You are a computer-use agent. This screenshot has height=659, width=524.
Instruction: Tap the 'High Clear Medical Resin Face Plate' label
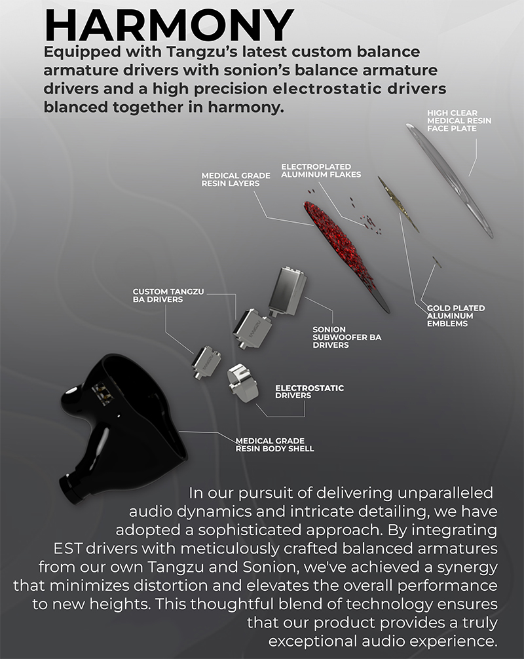[459, 121]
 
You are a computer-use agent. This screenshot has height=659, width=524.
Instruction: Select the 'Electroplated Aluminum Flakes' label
[321, 170]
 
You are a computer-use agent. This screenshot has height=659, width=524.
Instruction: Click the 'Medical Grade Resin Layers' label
[236, 179]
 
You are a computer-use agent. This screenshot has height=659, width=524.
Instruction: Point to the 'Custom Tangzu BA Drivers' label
[168, 295]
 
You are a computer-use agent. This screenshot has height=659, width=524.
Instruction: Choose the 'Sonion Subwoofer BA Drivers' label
[346, 337]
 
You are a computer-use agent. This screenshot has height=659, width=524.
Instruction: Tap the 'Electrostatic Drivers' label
[309, 392]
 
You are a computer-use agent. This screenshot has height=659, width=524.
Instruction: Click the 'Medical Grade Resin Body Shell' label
[274, 445]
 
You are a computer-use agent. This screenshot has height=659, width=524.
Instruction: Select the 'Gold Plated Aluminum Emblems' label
[455, 316]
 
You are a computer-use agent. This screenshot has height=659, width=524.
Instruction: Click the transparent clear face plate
[449, 180]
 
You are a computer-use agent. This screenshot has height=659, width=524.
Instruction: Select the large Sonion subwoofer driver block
[287, 292]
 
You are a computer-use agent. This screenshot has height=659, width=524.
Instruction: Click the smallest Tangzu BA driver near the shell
[207, 363]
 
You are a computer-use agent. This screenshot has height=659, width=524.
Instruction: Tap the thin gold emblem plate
[398, 204]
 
